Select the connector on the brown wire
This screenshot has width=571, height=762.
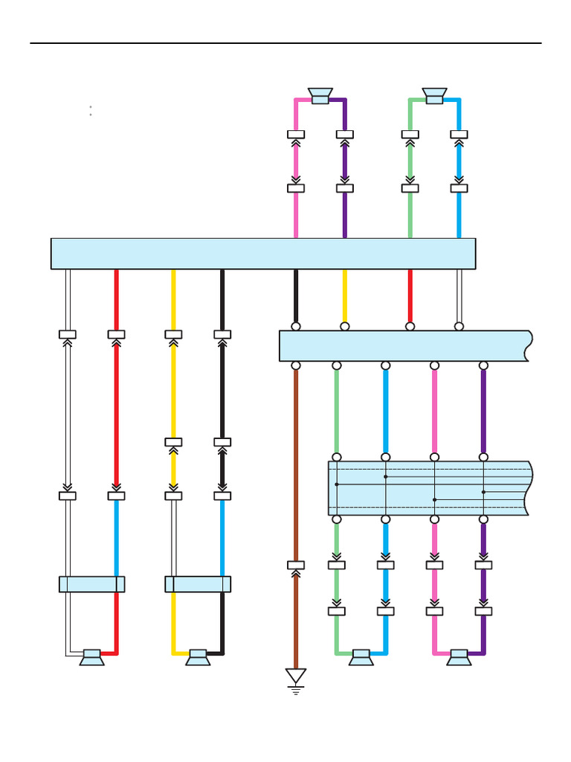point(296,566)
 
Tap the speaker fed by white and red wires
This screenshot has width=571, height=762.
point(91,657)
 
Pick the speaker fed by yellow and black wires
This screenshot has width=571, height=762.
point(198,657)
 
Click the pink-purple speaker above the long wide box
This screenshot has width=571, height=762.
point(320,96)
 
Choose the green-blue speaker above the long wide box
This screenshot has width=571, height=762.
point(434,96)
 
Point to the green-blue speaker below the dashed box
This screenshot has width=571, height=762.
point(361,657)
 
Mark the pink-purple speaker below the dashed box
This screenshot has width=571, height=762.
point(459,657)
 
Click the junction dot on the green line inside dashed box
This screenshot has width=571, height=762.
point(337,484)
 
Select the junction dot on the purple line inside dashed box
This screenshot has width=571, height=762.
point(483,492)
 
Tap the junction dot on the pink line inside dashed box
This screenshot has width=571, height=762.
point(434,499)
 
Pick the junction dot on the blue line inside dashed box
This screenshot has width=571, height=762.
point(385,477)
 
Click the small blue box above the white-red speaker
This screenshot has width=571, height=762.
point(91,584)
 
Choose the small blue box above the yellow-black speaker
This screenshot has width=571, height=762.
point(198,584)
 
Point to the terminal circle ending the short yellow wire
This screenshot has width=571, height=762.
point(345,326)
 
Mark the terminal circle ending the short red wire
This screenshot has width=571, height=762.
point(410,326)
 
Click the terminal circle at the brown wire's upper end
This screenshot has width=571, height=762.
point(296,365)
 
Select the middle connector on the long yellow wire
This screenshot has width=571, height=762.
point(173,442)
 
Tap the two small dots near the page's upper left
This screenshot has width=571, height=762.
point(90,111)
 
